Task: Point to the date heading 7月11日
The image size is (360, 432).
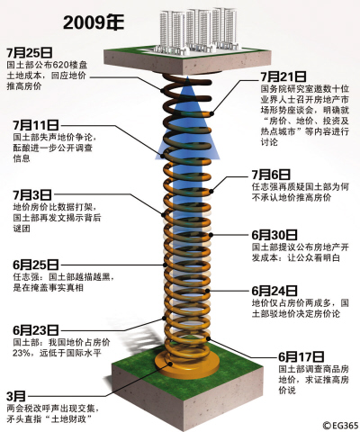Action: coord(37,124)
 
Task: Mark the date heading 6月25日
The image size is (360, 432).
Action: coord(35,265)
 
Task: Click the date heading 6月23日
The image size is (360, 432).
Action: coord(36,330)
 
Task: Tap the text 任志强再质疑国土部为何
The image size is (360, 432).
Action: coord(294,188)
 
